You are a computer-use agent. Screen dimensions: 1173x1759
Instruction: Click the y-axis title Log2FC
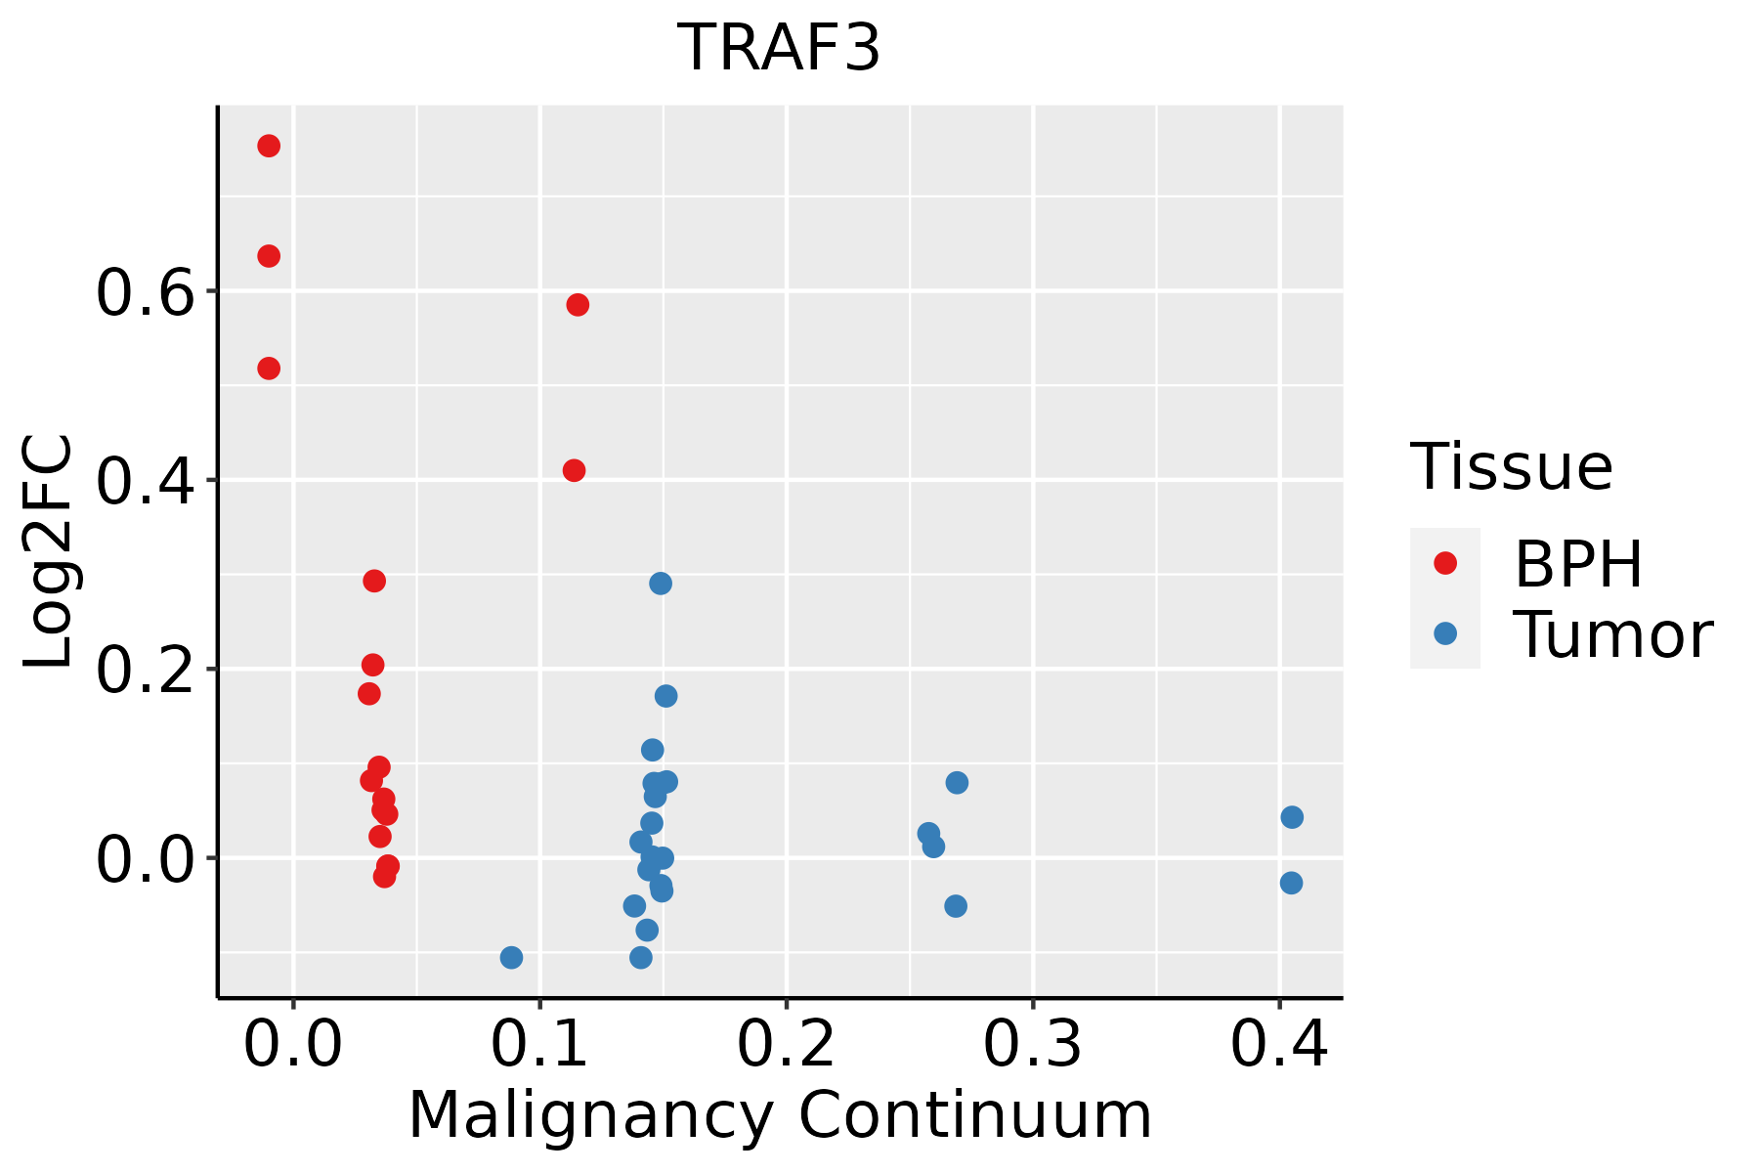point(49,552)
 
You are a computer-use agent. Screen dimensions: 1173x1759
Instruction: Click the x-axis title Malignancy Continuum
point(780,1115)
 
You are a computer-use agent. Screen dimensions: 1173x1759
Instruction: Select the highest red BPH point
point(269,147)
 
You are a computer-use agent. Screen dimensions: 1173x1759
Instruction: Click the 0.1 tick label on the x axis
point(539,1045)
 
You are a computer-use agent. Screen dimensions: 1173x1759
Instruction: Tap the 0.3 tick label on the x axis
point(1032,1045)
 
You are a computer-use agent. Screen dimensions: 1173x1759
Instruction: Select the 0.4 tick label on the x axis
point(1278,1045)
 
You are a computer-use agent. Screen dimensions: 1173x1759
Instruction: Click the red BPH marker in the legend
point(1444,563)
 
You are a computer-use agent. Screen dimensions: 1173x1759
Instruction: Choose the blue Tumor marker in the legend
point(1444,633)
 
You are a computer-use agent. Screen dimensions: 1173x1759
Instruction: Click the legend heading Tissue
point(1512,467)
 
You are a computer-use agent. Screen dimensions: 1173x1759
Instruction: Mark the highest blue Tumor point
point(661,584)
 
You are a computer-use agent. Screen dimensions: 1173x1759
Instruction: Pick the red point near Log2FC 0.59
point(578,305)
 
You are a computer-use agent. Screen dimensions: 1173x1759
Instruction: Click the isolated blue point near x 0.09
point(511,957)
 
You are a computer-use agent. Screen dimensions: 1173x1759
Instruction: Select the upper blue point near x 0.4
point(1292,817)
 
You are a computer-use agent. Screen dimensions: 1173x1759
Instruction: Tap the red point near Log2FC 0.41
point(575,471)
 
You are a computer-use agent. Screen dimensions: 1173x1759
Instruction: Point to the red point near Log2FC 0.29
point(374,581)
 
